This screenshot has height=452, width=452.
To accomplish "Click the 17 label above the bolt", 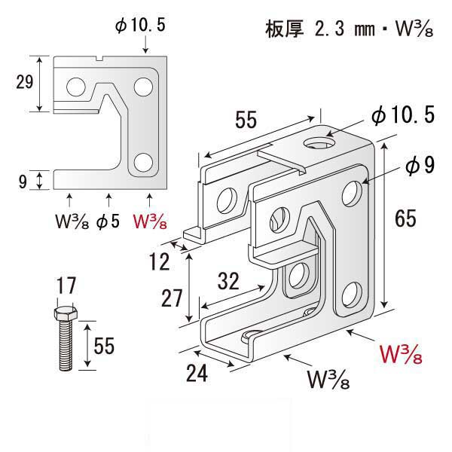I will pyautogui.click(x=66, y=287).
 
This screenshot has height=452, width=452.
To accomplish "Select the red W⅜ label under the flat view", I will pyautogui.click(x=150, y=222).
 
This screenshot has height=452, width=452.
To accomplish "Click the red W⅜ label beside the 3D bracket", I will pyautogui.click(x=403, y=353).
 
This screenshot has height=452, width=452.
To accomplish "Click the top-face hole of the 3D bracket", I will pyautogui.click(x=319, y=142).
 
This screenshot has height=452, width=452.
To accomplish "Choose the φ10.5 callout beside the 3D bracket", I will pyautogui.click(x=402, y=115).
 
